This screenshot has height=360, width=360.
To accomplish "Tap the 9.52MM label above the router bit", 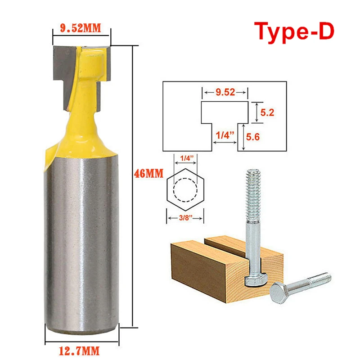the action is coord(81,28).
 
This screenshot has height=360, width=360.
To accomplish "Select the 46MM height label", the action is coord(148,173).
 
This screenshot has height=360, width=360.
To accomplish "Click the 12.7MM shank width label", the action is coord(79,351).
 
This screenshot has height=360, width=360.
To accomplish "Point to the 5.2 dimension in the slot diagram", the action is coord(267,112).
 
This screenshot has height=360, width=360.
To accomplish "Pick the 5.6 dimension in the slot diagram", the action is coord(253,137).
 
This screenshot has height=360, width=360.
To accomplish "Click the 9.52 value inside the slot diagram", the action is coord(225,92).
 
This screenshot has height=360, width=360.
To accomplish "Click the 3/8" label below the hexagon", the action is coord(185,217).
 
